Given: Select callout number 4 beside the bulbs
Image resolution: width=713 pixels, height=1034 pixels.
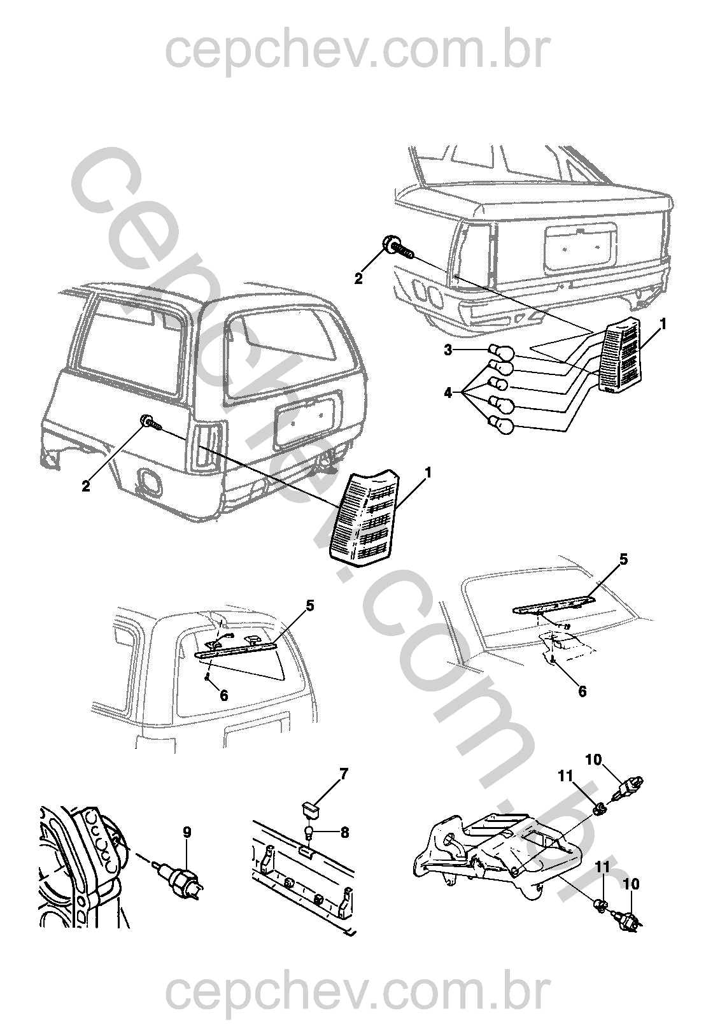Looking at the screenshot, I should (x=448, y=393).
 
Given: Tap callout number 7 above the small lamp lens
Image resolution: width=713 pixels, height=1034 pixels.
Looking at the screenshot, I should (x=344, y=774).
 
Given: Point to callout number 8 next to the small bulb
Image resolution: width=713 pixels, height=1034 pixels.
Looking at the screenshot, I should (x=344, y=833).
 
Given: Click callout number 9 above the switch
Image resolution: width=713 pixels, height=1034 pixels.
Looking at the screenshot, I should (x=187, y=832).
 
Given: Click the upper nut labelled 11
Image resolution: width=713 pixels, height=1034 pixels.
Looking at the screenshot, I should (x=599, y=811).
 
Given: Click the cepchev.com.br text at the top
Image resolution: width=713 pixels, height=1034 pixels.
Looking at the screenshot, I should (x=356, y=52).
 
